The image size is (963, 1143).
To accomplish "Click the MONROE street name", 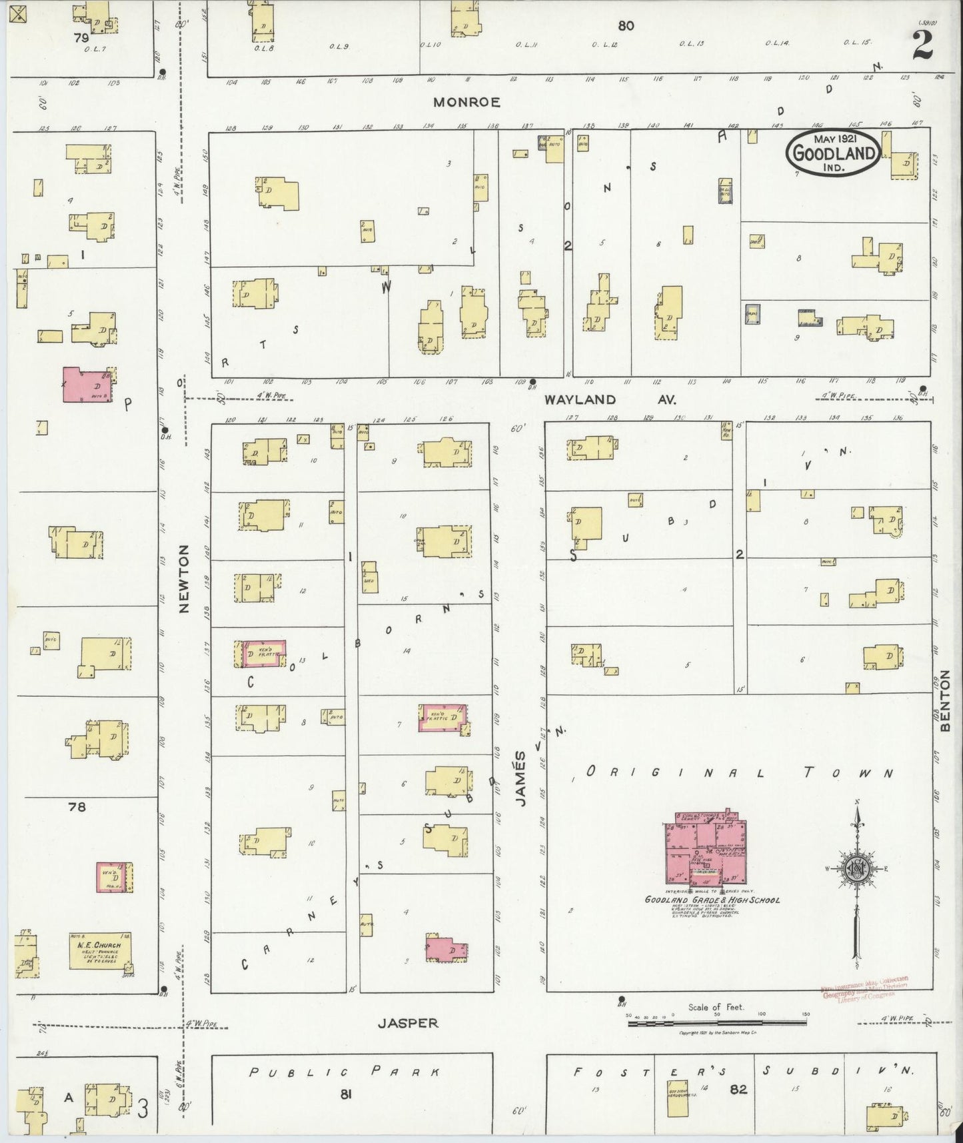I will pos(467,102).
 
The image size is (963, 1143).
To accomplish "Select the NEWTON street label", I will pos(185,578).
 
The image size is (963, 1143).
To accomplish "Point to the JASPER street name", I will pos(409,1022).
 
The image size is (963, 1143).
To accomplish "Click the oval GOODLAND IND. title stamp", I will pos(833,153).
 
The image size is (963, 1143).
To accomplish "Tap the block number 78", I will pos(77,807).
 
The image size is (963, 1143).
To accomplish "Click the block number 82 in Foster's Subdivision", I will pos(738,1090).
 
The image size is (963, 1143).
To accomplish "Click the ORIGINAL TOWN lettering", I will pos(738,772).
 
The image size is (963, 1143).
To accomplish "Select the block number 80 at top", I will pos(625,26).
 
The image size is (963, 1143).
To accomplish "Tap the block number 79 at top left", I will pos(81,38).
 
